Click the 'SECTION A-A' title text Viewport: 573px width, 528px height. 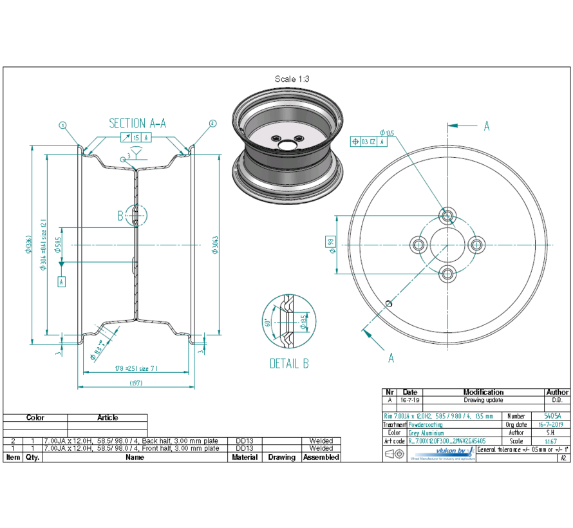click(x=137, y=123)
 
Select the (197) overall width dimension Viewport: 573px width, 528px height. click(x=135, y=382)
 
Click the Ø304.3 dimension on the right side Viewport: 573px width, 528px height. click(x=213, y=245)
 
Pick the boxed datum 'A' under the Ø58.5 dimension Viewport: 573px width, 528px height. click(x=61, y=281)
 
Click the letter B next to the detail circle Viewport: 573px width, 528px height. click(x=120, y=216)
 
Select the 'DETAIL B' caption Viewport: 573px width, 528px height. click(x=288, y=364)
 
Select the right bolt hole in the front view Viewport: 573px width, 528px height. click(x=476, y=244)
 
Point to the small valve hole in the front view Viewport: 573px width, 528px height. click(x=388, y=303)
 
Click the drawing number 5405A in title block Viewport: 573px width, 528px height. click(x=552, y=417)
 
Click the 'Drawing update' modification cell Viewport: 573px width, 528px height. click(x=483, y=400)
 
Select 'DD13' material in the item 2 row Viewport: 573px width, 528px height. click(x=245, y=441)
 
